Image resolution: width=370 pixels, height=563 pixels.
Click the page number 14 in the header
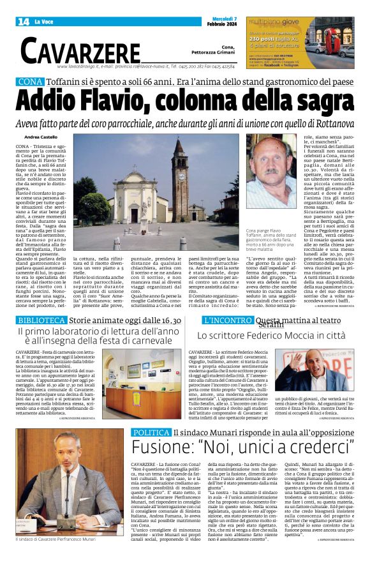[24, 22]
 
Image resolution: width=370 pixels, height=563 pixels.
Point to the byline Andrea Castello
[41, 137]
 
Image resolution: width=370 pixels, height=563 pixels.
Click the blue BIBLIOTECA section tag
[41, 320]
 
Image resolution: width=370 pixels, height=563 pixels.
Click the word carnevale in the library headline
[147, 342]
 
